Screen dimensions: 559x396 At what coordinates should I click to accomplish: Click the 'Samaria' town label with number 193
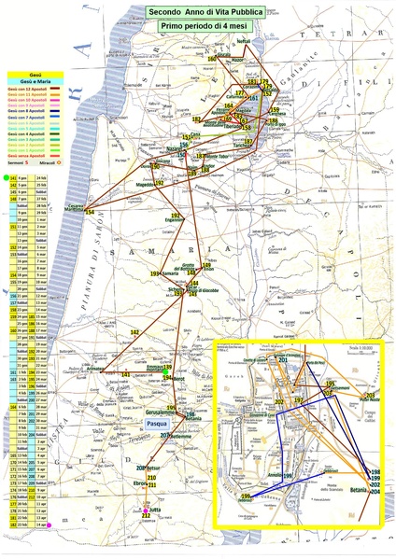click(x=170, y=273)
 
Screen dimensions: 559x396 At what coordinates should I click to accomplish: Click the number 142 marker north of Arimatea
click(x=134, y=332)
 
